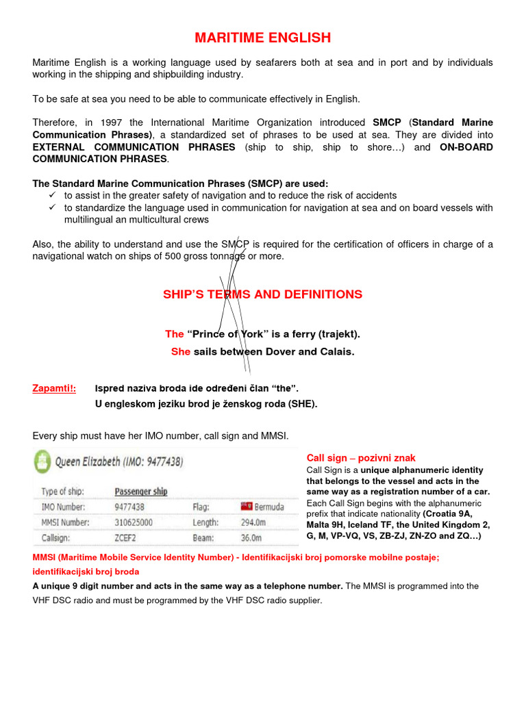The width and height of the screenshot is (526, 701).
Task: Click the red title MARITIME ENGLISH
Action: [263, 37]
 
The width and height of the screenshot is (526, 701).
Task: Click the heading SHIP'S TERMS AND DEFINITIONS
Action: [263, 294]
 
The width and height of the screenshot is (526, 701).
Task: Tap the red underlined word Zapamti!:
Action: [54, 389]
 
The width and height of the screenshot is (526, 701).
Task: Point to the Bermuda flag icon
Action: [247, 507]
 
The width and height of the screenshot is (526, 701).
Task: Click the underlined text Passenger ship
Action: [140, 492]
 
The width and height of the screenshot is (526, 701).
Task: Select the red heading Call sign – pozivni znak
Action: [361, 458]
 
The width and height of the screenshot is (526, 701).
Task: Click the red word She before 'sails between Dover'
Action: [181, 352]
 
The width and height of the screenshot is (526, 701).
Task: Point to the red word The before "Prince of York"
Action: [174, 334]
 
